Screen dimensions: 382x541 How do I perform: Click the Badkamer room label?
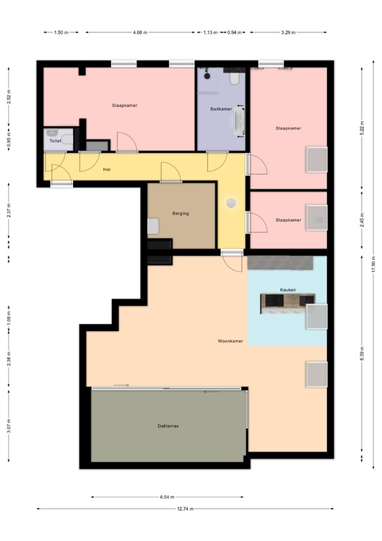(x=221, y=109)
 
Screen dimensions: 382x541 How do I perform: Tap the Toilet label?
(x=55, y=141)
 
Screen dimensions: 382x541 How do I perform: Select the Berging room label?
(x=181, y=213)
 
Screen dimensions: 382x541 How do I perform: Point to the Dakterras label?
(x=168, y=426)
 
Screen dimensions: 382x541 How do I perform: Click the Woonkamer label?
(x=231, y=341)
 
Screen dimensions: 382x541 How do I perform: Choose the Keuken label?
(x=288, y=290)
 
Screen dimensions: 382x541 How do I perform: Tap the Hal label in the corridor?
(x=107, y=169)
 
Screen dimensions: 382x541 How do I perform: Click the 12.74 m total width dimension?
(x=185, y=509)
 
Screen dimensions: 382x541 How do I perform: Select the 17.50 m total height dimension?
(x=374, y=264)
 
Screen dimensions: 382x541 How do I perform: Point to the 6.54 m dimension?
(x=167, y=497)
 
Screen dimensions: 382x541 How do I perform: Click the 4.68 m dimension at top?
(x=140, y=32)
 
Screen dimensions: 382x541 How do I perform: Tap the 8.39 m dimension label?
(x=362, y=353)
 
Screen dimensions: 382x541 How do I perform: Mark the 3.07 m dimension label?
(x=8, y=425)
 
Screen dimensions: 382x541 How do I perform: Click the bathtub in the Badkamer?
(x=239, y=121)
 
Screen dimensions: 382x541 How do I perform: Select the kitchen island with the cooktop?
(x=288, y=304)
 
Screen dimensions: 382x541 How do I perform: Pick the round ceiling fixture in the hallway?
(x=231, y=203)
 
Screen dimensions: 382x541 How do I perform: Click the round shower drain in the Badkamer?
(x=207, y=75)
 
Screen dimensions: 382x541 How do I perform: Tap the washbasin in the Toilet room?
(x=52, y=133)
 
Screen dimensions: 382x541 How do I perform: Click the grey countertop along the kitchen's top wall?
(x=280, y=263)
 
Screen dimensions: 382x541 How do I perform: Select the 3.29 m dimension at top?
(x=288, y=32)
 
